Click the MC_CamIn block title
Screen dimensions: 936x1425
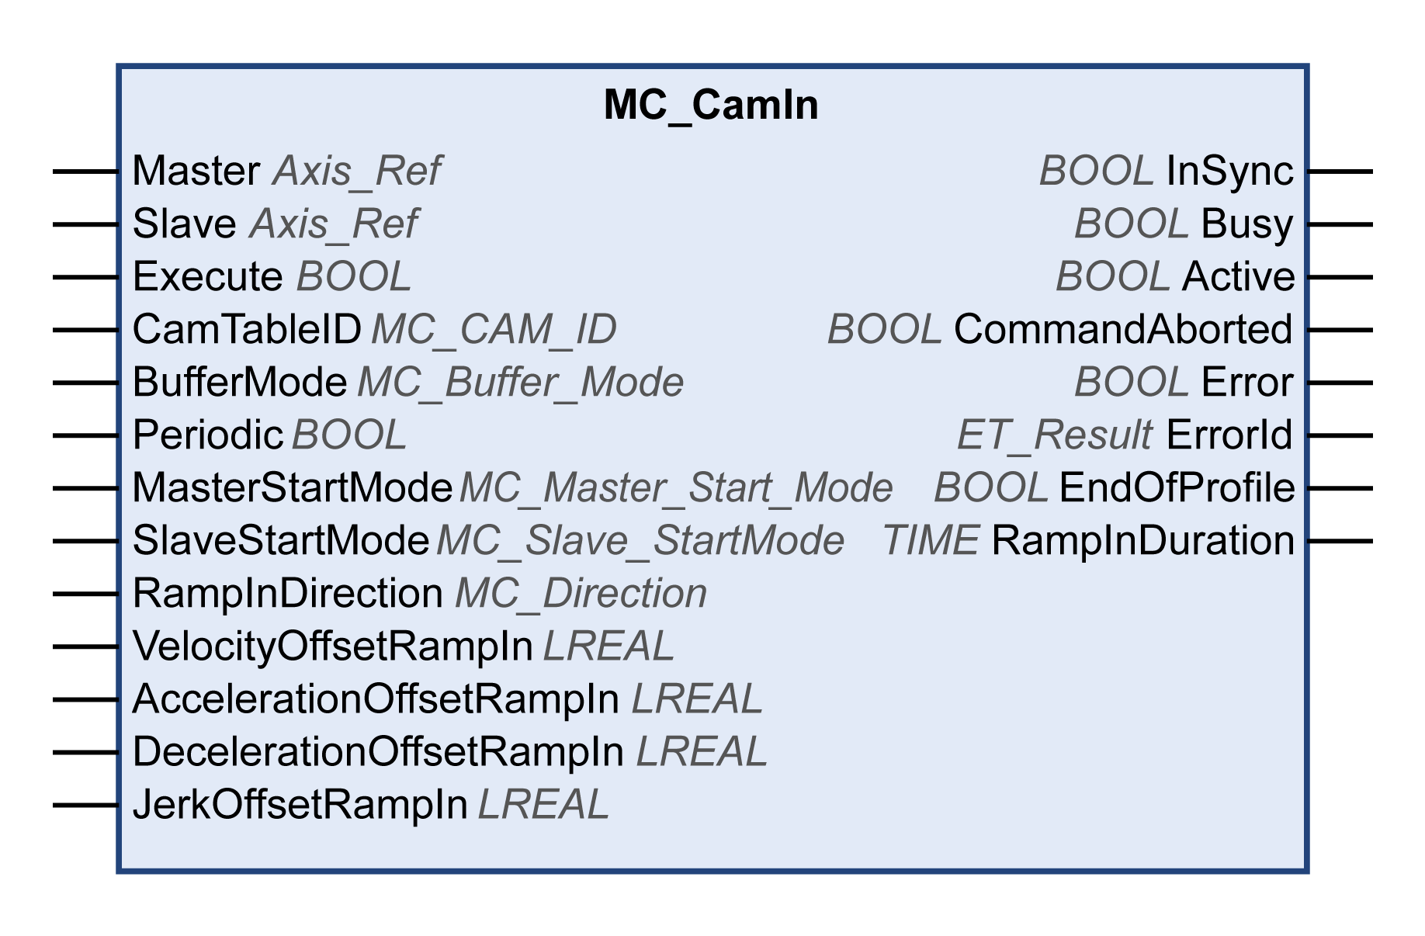[711, 105]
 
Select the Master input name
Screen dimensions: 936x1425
[196, 171]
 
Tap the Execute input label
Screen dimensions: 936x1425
[207, 277]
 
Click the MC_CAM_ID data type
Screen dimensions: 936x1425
[494, 330]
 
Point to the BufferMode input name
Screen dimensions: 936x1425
[239, 383]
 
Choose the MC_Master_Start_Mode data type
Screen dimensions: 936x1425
[675, 488]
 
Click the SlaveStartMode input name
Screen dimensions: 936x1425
[280, 541]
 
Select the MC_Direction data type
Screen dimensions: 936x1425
[581, 594]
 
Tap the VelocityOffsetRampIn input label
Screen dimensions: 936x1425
[332, 647]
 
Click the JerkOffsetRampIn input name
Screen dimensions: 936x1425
[300, 805]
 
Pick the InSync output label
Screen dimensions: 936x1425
[1229, 171]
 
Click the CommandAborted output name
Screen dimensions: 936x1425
[1122, 330]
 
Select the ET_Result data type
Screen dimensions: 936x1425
[1054, 435]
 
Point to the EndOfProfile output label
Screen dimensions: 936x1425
[1176, 488]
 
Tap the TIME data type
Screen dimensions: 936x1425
[930, 541]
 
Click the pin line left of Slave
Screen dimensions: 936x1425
[85, 224]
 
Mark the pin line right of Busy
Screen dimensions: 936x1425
[1340, 224]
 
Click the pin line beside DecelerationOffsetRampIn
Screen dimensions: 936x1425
[85, 752]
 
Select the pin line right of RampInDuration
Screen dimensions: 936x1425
[1340, 541]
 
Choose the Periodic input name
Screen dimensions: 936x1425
[207, 435]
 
